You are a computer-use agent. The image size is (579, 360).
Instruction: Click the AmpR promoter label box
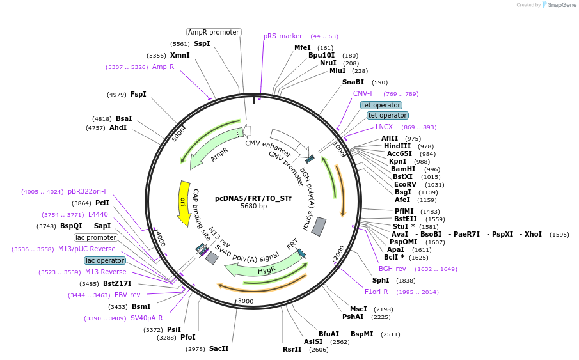point(214,32)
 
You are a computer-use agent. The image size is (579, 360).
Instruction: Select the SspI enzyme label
point(202,44)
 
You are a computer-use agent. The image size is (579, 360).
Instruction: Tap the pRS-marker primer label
point(283,36)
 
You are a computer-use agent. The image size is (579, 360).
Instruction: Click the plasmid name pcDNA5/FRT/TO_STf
point(253,198)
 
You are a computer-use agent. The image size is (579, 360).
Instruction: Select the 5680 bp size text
point(253,207)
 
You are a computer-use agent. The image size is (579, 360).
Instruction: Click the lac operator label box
point(105,260)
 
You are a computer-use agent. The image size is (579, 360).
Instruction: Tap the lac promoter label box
point(95,238)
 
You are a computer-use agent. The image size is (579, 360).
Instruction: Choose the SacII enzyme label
point(219,348)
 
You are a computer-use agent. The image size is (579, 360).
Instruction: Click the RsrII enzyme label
point(292,349)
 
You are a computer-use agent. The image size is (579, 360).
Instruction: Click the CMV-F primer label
point(363,93)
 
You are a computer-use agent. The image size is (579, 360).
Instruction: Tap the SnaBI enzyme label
point(353,82)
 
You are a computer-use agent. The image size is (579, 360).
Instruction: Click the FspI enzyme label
point(138,94)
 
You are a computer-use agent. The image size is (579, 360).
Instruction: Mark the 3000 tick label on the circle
point(246,301)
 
